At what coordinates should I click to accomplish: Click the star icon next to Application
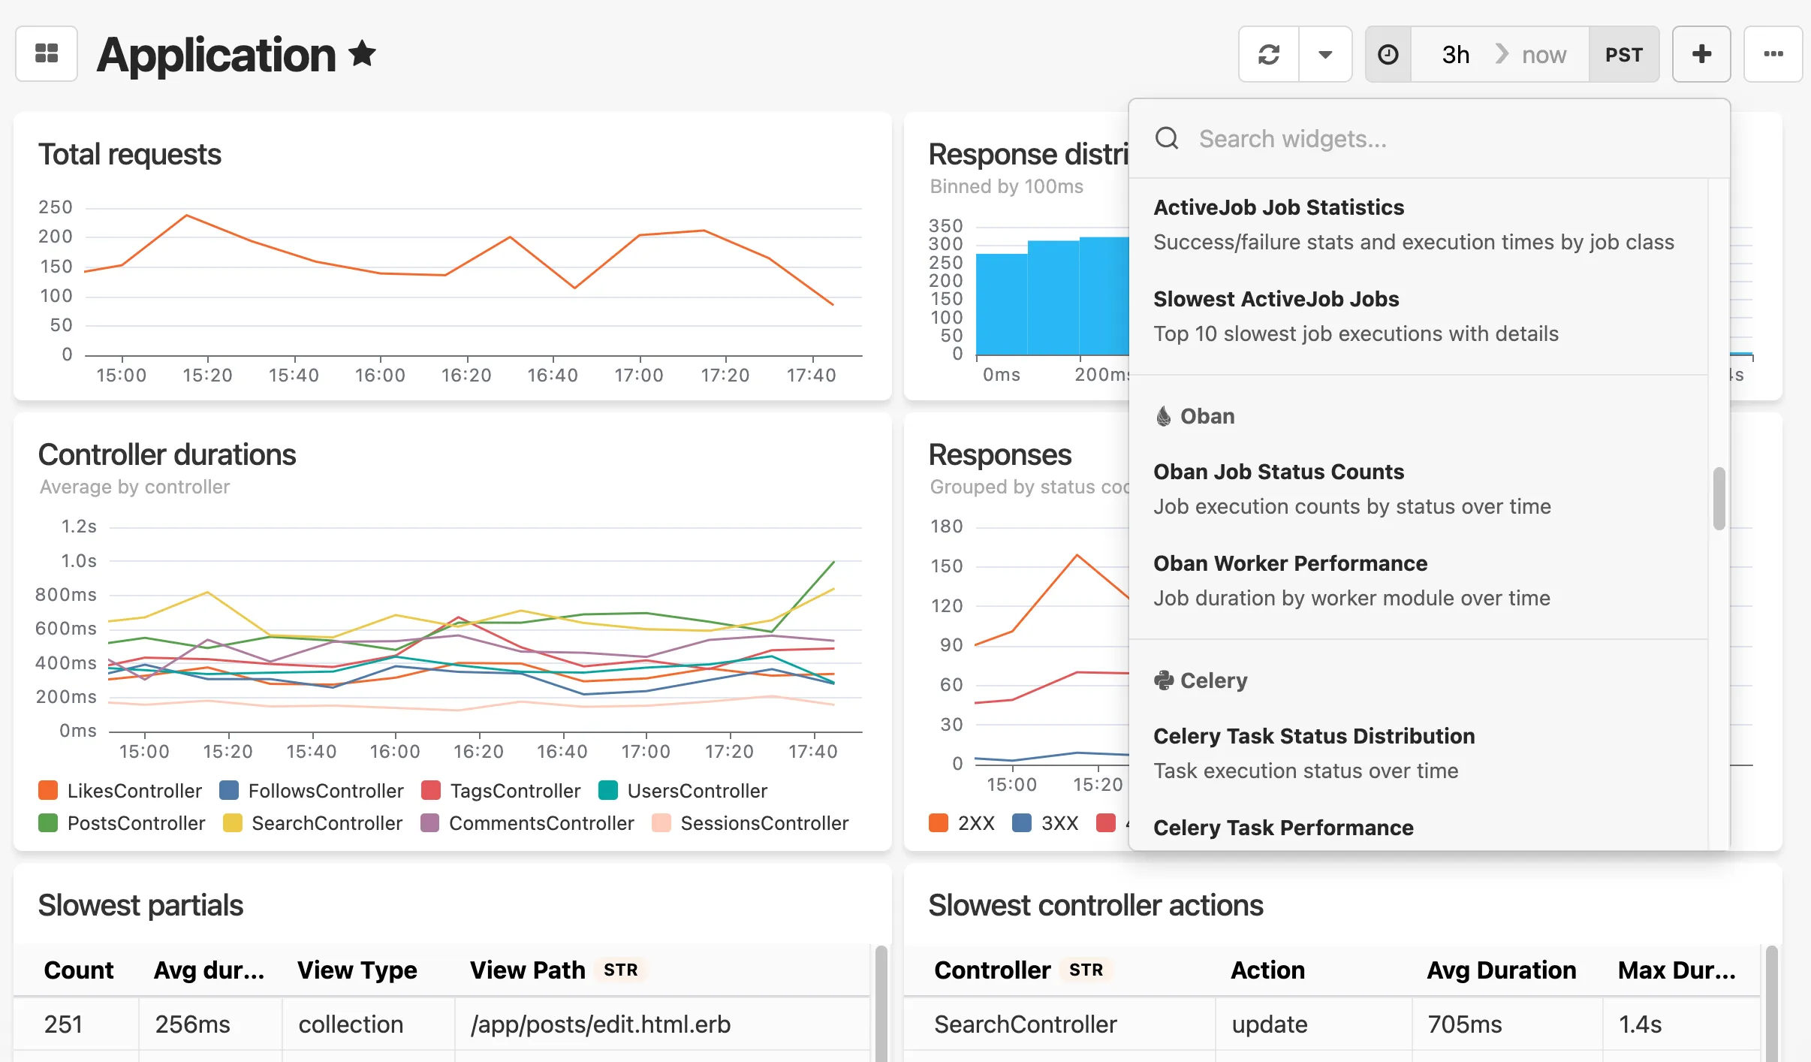(362, 54)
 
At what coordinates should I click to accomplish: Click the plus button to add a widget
(1701, 54)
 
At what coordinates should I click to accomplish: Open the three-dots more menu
(1773, 54)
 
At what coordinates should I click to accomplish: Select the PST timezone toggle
(1623, 55)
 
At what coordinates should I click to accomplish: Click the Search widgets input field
(1427, 139)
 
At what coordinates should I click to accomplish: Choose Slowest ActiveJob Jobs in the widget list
(1276, 299)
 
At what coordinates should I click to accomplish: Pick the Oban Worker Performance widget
(1290, 563)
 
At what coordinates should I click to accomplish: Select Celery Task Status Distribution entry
(1313, 736)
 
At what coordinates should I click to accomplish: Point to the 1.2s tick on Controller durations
(79, 526)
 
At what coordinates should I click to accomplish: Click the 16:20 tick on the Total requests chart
(466, 375)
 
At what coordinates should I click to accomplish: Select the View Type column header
(357, 970)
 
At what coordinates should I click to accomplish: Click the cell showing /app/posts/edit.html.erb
(600, 1024)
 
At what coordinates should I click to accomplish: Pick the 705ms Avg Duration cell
(1464, 1024)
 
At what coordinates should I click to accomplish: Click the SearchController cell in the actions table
(1025, 1024)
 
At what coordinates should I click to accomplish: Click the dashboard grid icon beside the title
(47, 54)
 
